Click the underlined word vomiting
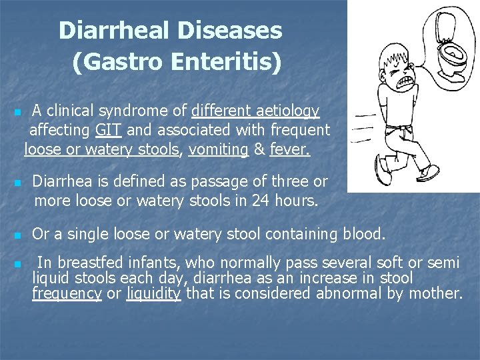219,149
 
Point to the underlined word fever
290,149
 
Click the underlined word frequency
67,293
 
